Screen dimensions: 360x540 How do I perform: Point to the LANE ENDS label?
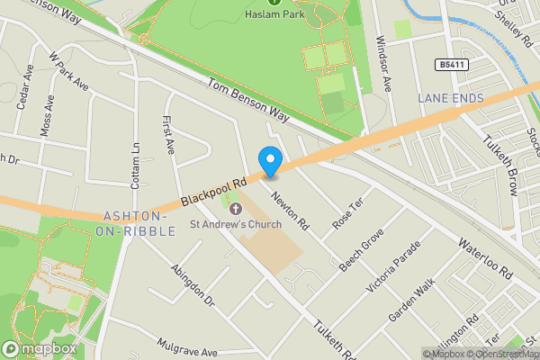pyautogui.click(x=451, y=97)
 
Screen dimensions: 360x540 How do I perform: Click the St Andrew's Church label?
pyautogui.click(x=236, y=223)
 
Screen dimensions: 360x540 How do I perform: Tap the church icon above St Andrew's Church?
pyautogui.click(x=236, y=209)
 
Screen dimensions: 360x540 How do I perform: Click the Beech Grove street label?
pyautogui.click(x=362, y=249)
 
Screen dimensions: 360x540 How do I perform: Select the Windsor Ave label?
pyautogui.click(x=385, y=55)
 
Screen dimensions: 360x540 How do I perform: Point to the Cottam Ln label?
pyautogui.click(x=137, y=160)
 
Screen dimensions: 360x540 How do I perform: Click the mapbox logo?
pyautogui.click(x=39, y=348)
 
